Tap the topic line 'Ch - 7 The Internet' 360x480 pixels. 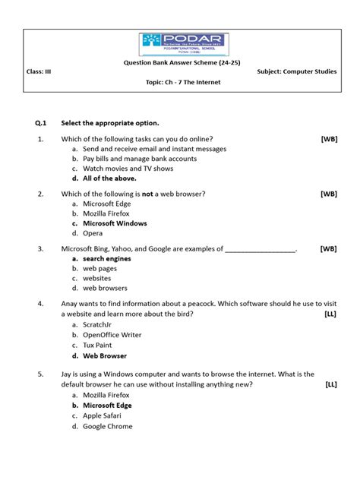(x=183, y=82)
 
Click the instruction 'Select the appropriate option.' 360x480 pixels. (x=110, y=123)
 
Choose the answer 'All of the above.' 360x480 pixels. (x=109, y=178)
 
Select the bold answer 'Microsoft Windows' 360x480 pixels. (x=115, y=224)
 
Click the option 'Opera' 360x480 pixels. (x=93, y=234)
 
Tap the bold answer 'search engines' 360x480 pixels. (x=106, y=259)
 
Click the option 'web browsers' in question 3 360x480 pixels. (x=105, y=289)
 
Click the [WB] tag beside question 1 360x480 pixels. (x=329, y=139)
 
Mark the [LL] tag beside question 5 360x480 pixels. (x=331, y=384)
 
